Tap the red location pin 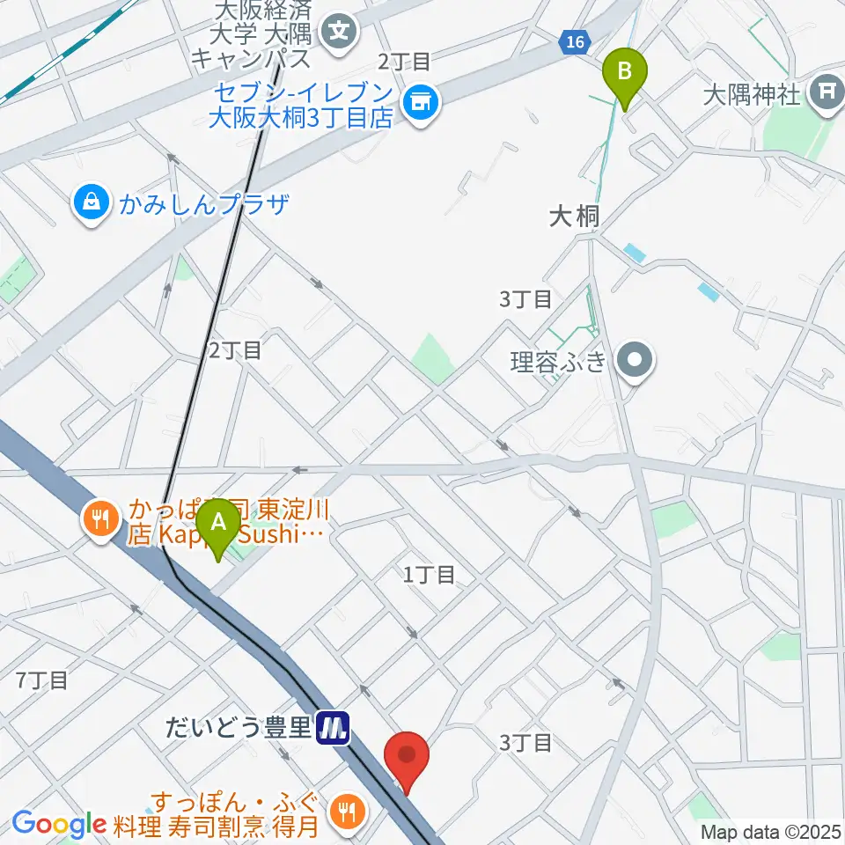tap(407, 757)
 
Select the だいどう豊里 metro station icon tap(334, 727)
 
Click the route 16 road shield tap(575, 41)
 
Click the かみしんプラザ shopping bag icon tap(92, 203)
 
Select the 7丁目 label tap(42, 680)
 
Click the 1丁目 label tap(430, 575)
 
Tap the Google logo tap(58, 824)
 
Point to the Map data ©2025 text tap(770, 832)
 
